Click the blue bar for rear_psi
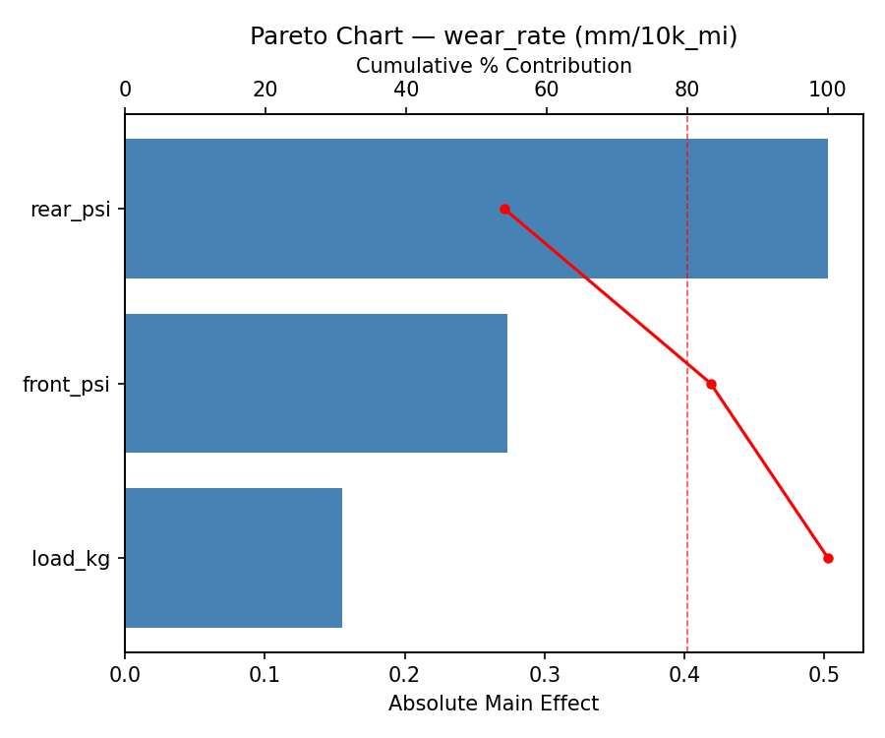click(x=476, y=209)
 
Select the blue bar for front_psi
click(x=316, y=384)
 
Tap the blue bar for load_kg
click(x=233, y=558)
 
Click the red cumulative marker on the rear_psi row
click(x=504, y=209)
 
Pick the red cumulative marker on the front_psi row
click(x=711, y=384)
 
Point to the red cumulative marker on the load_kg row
click(x=828, y=558)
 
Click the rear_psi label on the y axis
click(x=70, y=210)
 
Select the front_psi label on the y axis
click(x=66, y=385)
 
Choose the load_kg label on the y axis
click(x=71, y=559)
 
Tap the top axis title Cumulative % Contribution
click(x=494, y=66)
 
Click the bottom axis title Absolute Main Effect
click(x=494, y=704)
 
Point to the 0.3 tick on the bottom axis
click(x=545, y=674)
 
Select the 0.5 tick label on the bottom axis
click(x=824, y=674)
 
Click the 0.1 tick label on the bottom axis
click(x=265, y=674)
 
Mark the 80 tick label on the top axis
click(x=686, y=90)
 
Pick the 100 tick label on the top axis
click(x=827, y=90)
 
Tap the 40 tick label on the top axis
click(x=406, y=90)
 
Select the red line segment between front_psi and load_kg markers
click(x=769, y=470)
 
